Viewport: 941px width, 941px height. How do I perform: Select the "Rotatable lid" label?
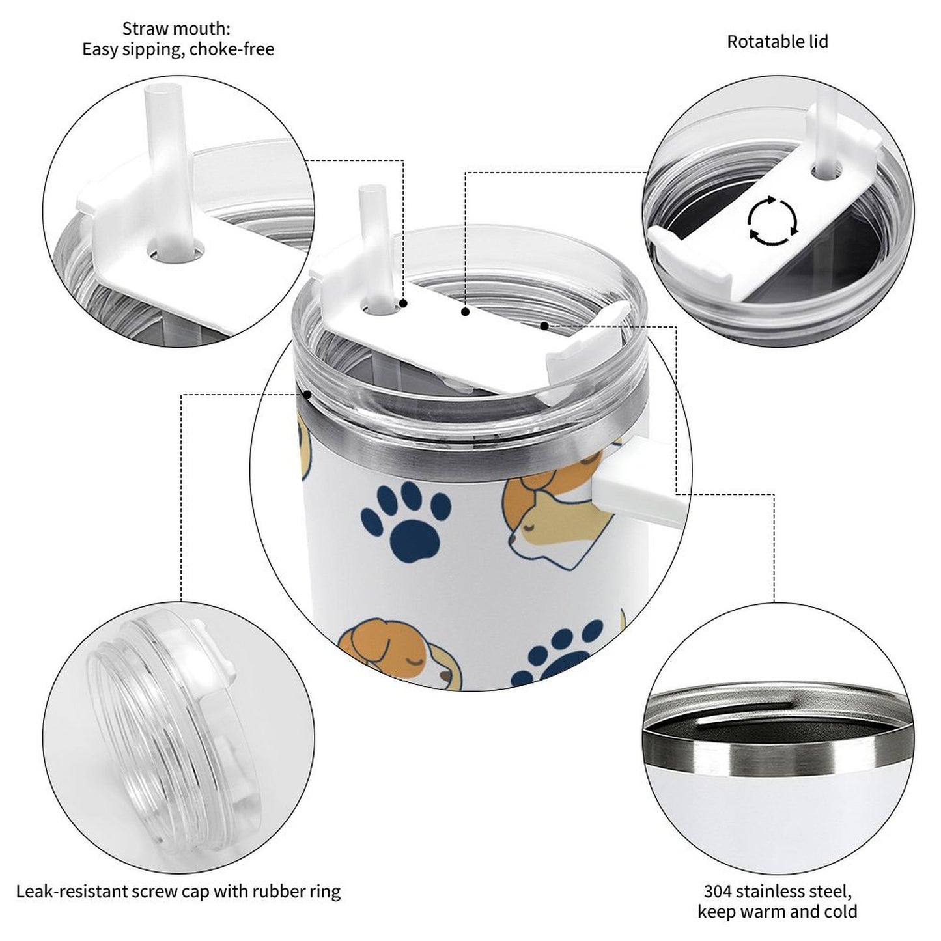777,42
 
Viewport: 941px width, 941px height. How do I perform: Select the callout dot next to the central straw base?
404,303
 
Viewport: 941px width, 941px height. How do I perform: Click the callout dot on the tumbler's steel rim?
307,393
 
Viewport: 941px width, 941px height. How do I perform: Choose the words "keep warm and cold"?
777,911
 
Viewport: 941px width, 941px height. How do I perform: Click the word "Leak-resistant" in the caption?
72,890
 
